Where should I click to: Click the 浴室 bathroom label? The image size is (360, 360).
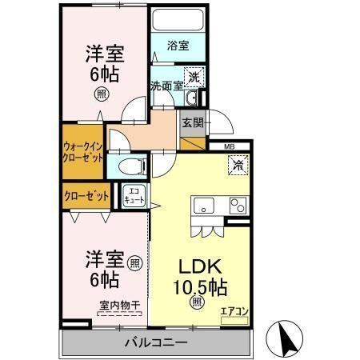pyautogui.click(x=178, y=46)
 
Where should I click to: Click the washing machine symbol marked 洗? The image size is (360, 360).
pyautogui.click(x=193, y=78)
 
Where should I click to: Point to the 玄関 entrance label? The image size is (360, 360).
pyautogui.click(x=192, y=122)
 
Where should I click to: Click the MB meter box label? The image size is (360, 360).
pyautogui.click(x=230, y=146)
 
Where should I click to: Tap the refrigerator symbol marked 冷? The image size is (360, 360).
pyautogui.click(x=238, y=165)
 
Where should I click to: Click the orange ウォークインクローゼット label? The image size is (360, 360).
pyautogui.click(x=84, y=151)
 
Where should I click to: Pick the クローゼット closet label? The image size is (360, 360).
pyautogui.click(x=86, y=195)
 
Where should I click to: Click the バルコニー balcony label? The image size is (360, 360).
pyautogui.click(x=155, y=342)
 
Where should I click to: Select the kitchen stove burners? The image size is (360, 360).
pyautogui.click(x=237, y=205)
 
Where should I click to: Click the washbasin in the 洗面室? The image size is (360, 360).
pyautogui.click(x=192, y=98)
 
